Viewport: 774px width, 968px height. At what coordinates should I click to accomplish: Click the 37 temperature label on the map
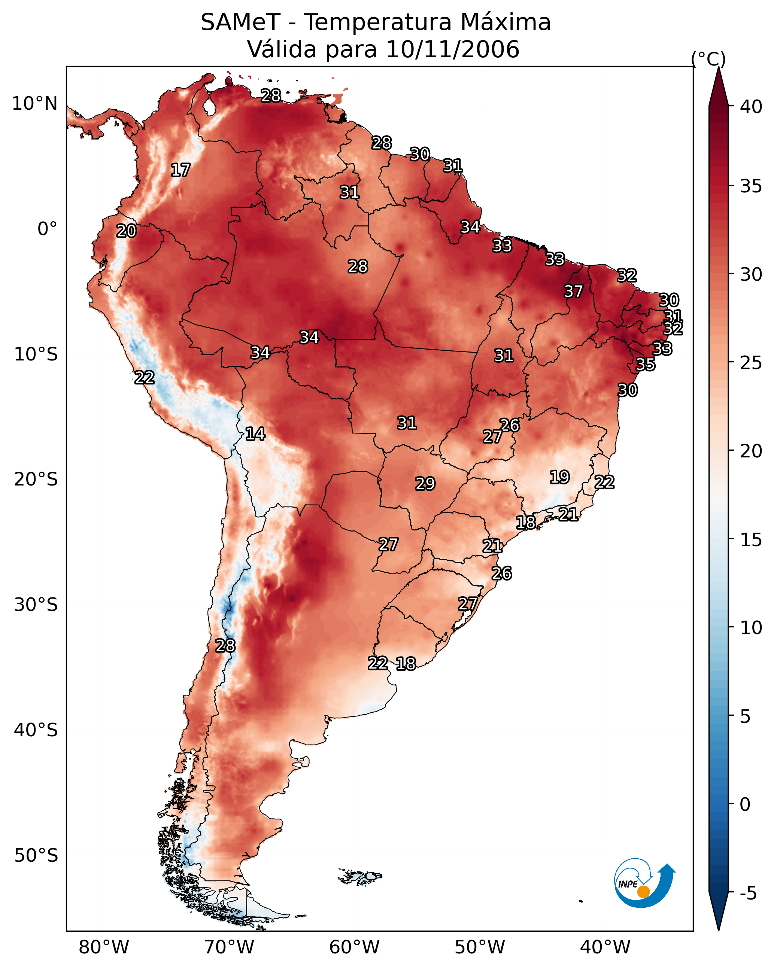coord(573,291)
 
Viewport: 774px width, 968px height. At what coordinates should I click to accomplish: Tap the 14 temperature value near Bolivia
coord(255,434)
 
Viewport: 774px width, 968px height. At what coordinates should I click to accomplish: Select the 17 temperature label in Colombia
coord(180,170)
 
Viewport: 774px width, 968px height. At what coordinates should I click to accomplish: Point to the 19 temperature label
coord(560,477)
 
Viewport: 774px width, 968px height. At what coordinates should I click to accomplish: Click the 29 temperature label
coord(425,484)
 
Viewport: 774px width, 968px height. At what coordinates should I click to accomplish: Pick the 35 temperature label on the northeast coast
coord(646,364)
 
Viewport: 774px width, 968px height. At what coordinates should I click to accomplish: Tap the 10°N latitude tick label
coord(34,104)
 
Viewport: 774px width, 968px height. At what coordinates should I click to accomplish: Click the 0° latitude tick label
coord(47,229)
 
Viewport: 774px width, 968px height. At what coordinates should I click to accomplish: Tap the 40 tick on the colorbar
coord(751,107)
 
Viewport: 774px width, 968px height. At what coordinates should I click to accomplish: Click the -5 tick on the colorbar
coord(748,894)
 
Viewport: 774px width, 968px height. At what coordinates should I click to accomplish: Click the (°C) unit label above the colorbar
coord(708,59)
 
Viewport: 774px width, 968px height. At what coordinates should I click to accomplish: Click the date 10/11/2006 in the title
coord(452,49)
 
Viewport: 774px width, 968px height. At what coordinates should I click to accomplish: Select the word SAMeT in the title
coord(241,22)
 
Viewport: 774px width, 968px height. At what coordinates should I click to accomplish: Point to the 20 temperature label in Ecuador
coord(126,231)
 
